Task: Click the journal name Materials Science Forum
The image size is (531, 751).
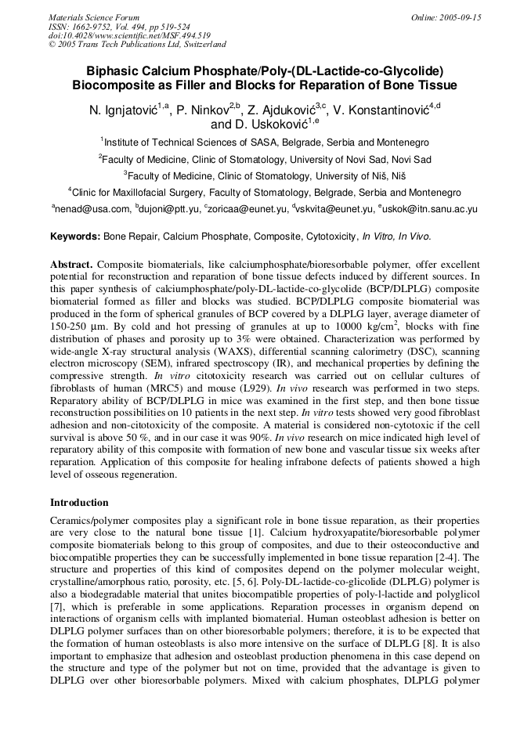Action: (x=94, y=17)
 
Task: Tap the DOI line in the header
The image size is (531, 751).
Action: (x=129, y=35)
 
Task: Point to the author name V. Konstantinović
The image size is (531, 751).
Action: (x=380, y=110)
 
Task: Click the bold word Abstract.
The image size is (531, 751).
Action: (x=72, y=265)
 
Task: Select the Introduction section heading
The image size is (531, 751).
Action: (x=79, y=502)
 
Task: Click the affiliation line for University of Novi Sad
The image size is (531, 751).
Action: (x=265, y=159)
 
